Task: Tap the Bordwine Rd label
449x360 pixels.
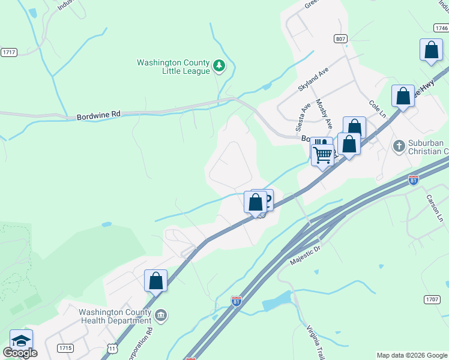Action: tap(98, 116)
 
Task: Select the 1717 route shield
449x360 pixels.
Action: tap(8, 52)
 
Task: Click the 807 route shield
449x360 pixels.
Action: tap(341, 38)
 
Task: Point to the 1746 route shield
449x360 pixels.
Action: tap(441, 28)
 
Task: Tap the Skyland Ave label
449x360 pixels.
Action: tap(313, 79)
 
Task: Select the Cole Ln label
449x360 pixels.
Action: tap(376, 109)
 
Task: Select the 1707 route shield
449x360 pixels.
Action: tap(432, 299)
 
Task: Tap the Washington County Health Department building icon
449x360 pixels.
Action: tap(161, 316)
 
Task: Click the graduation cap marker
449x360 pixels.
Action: tap(21, 341)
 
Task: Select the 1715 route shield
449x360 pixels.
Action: tap(65, 348)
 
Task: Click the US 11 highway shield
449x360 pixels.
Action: tap(112, 348)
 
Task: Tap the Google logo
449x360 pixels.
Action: tap(20, 353)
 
